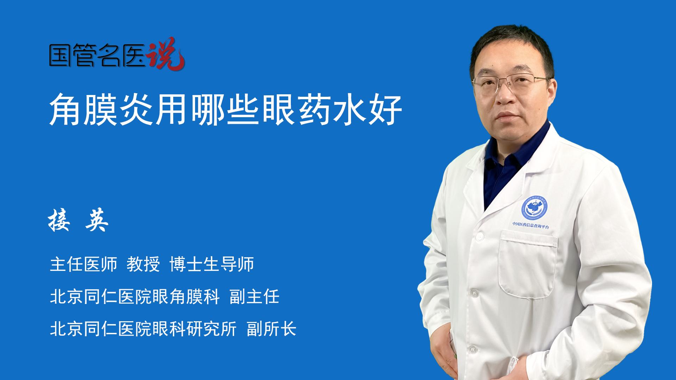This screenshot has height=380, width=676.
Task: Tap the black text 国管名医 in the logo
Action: point(97,55)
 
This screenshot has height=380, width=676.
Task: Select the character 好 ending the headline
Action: point(385,109)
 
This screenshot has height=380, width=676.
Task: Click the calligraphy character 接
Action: point(59,220)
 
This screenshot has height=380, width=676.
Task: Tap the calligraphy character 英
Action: point(97,220)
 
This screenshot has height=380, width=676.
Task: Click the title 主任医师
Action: point(83,264)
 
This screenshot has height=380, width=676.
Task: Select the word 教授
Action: point(143,264)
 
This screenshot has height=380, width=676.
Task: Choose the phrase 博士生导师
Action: point(212,264)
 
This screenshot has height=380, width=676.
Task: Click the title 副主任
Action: point(254,297)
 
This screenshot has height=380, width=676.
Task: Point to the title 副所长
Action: point(271,329)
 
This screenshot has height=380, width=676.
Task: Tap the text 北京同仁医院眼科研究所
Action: point(143,329)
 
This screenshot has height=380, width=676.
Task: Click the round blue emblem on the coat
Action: point(534,208)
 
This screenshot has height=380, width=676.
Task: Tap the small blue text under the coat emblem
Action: point(530,225)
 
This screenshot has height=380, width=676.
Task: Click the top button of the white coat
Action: point(479,236)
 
